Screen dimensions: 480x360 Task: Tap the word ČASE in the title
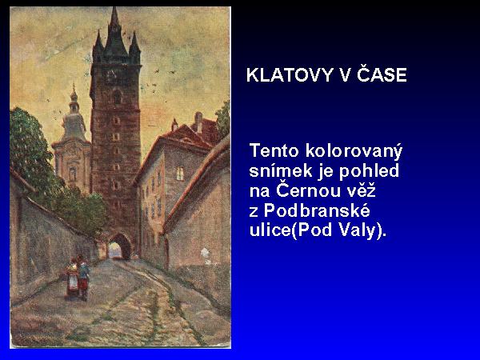(x=382, y=74)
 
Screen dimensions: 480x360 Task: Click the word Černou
(x=309, y=190)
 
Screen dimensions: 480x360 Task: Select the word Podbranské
(x=317, y=210)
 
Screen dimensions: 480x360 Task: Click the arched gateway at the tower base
(x=119, y=246)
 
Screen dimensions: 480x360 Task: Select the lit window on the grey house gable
(x=180, y=174)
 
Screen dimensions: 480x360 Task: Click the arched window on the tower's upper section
(x=118, y=97)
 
